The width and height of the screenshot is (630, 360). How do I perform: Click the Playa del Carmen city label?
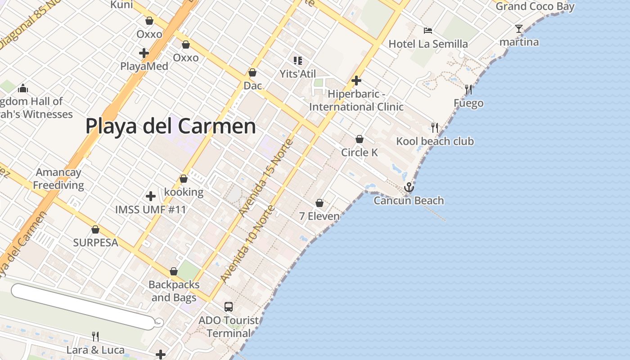[171, 126]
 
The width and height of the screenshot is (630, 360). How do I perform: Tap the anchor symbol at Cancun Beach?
[409, 187]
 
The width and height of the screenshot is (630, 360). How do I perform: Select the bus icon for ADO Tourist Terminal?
[229, 307]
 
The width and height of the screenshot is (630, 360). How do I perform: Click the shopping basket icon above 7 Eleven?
[319, 203]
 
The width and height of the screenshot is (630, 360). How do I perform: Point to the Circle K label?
[360, 153]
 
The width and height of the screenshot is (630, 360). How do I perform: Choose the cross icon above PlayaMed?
[144, 53]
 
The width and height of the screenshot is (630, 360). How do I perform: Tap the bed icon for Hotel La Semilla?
[428, 31]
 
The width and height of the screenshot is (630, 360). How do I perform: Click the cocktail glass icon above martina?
[519, 29]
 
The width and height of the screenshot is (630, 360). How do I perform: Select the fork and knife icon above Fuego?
[468, 90]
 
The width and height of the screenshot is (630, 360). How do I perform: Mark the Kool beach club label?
[435, 141]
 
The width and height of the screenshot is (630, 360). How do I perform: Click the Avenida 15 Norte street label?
[266, 178]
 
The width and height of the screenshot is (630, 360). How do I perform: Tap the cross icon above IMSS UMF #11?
[151, 196]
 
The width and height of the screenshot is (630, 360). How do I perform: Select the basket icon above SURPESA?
[95, 229]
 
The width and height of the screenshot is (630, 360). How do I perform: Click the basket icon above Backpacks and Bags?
[174, 271]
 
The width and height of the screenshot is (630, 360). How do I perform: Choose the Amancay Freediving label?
[58, 179]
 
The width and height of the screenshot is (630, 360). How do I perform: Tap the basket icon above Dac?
[252, 72]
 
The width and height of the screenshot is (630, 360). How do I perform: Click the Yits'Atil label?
[298, 74]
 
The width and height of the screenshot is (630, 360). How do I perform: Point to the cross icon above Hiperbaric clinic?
[356, 81]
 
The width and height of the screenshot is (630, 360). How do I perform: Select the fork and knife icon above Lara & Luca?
[95, 336]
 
